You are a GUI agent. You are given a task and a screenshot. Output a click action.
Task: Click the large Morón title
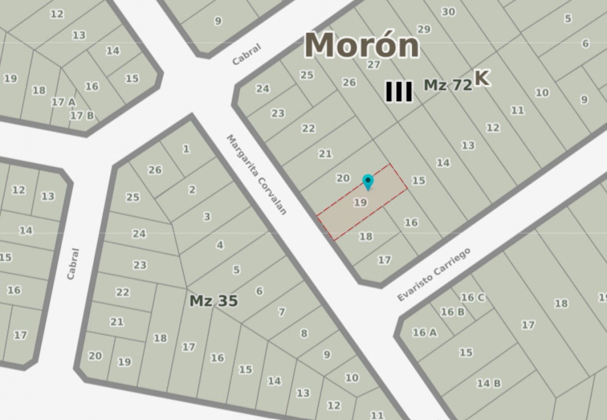(362, 45)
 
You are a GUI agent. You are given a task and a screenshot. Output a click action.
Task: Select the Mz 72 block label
(448, 85)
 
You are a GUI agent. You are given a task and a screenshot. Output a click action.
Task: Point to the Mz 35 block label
(214, 301)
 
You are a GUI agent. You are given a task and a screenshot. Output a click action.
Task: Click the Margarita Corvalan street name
(257, 175)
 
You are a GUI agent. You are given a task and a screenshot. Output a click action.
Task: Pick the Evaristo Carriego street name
(433, 275)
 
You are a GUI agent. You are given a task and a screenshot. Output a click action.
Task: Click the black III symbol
(399, 92)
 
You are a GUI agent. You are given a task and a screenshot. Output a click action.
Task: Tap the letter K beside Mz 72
(482, 78)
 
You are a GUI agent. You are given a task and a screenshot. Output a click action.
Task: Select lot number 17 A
(63, 102)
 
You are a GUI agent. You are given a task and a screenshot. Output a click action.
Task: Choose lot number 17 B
(82, 116)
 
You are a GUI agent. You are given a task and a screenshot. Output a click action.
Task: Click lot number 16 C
(472, 298)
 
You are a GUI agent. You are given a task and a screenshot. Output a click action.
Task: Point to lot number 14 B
(489, 383)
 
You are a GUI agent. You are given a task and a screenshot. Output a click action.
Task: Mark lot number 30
(448, 12)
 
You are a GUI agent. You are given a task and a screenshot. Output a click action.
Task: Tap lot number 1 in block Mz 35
(186, 149)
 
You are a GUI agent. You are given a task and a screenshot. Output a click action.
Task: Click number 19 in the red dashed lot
(360, 202)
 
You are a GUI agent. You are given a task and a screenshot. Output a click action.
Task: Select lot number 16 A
(424, 332)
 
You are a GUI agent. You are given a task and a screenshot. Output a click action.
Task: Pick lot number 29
(424, 29)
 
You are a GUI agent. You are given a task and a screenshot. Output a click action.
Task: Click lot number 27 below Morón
(374, 65)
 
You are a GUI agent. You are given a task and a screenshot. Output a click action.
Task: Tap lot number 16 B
(452, 312)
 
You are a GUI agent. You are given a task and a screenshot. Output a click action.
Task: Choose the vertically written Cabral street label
(73, 264)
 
